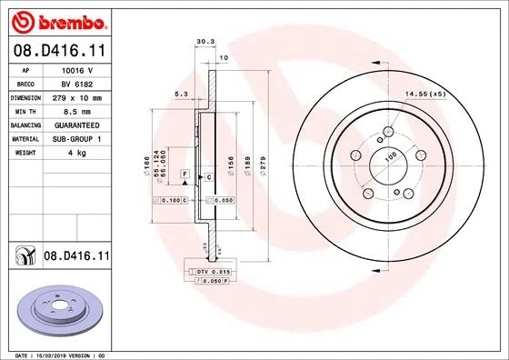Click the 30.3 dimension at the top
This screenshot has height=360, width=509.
204,41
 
